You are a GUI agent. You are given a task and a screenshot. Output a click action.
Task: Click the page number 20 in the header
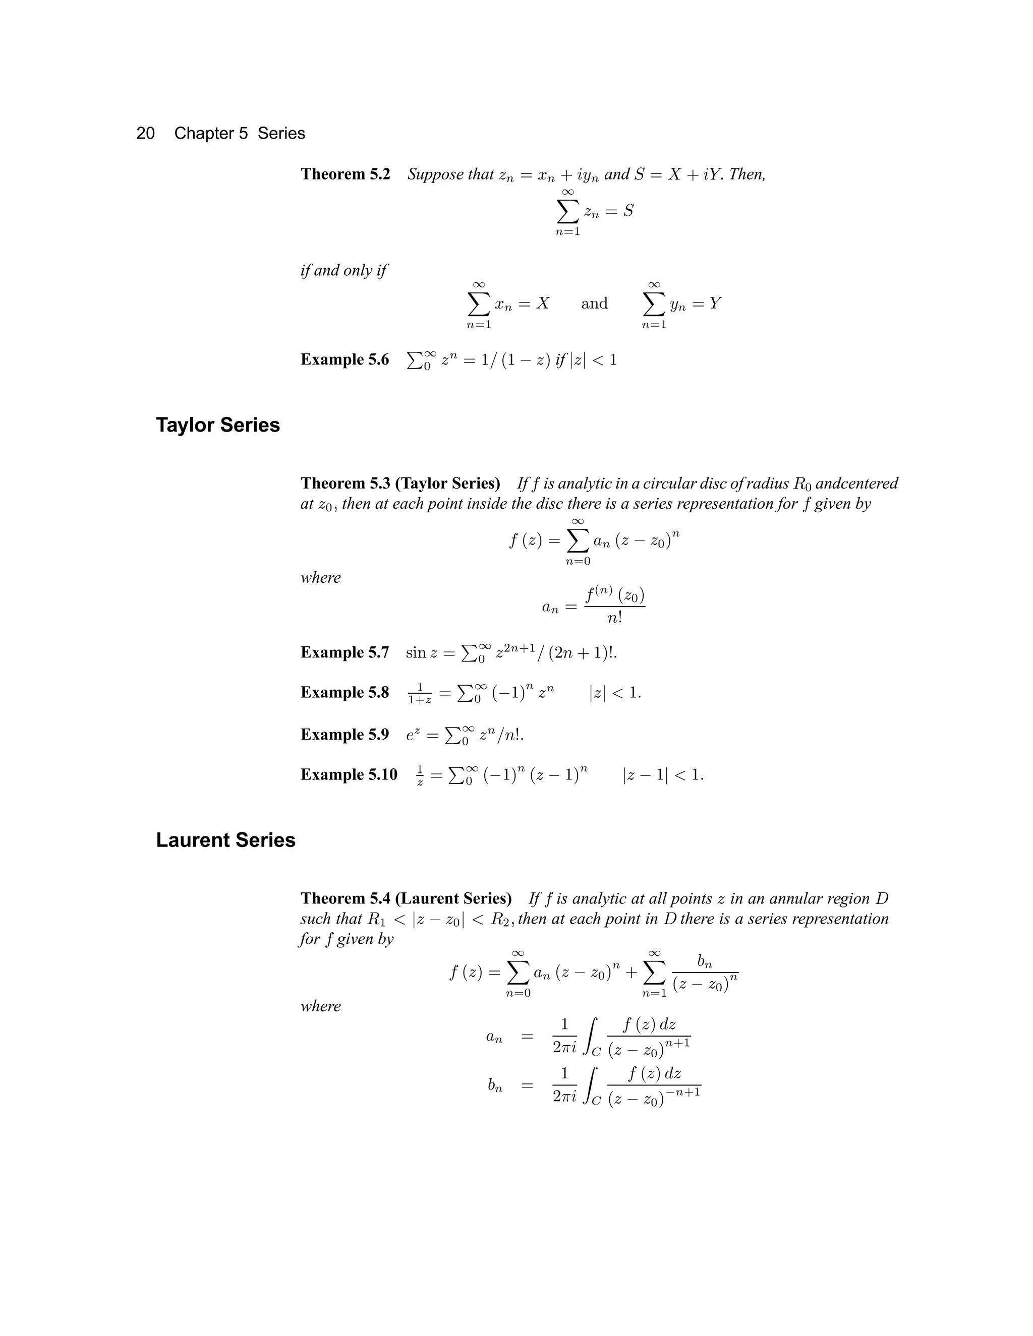[145, 134]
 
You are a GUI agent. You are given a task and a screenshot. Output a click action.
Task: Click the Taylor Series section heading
[218, 425]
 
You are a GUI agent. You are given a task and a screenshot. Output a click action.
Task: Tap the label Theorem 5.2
[345, 174]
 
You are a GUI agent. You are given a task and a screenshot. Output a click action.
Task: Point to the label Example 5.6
[345, 359]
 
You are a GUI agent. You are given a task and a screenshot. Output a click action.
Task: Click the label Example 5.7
[345, 653]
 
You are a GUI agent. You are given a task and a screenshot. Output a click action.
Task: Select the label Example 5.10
[349, 775]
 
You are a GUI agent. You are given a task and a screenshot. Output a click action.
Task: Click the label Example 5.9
[345, 735]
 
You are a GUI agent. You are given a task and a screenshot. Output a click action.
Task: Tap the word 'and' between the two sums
[594, 304]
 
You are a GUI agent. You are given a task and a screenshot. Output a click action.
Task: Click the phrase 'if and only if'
[343, 270]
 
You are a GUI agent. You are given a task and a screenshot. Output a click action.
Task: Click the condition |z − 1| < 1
[663, 775]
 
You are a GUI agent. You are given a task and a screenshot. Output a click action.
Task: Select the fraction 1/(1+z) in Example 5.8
[420, 693]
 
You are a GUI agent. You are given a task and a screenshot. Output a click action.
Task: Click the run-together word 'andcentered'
[857, 483]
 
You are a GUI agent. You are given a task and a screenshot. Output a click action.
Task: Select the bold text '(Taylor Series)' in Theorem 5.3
[448, 483]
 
